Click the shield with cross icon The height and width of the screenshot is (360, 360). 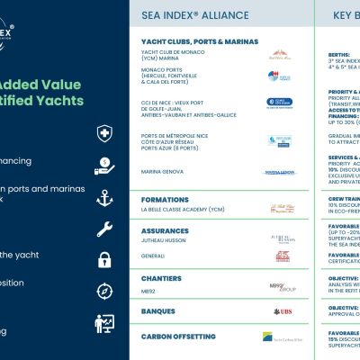(104, 134)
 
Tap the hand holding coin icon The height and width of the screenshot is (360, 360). (104, 166)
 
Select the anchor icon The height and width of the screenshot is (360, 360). (104, 197)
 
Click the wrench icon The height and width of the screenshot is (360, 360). (104, 229)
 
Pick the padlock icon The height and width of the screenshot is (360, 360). (104, 260)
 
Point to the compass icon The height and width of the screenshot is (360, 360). (104, 291)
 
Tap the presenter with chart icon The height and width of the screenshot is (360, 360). (104, 322)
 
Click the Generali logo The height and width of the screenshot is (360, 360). (281, 256)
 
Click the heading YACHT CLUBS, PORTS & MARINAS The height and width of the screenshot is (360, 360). (199, 41)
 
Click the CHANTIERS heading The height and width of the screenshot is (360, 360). (162, 277)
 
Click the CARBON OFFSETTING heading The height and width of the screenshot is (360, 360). (179, 336)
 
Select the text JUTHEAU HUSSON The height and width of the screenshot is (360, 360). (169, 240)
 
